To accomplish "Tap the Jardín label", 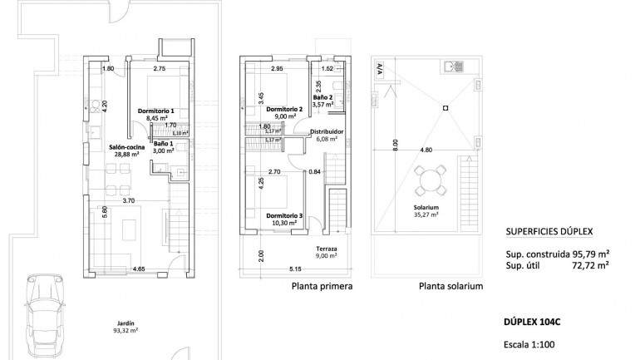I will [126, 324].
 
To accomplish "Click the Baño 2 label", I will [324, 98].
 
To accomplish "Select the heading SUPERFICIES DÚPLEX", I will [554, 234].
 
